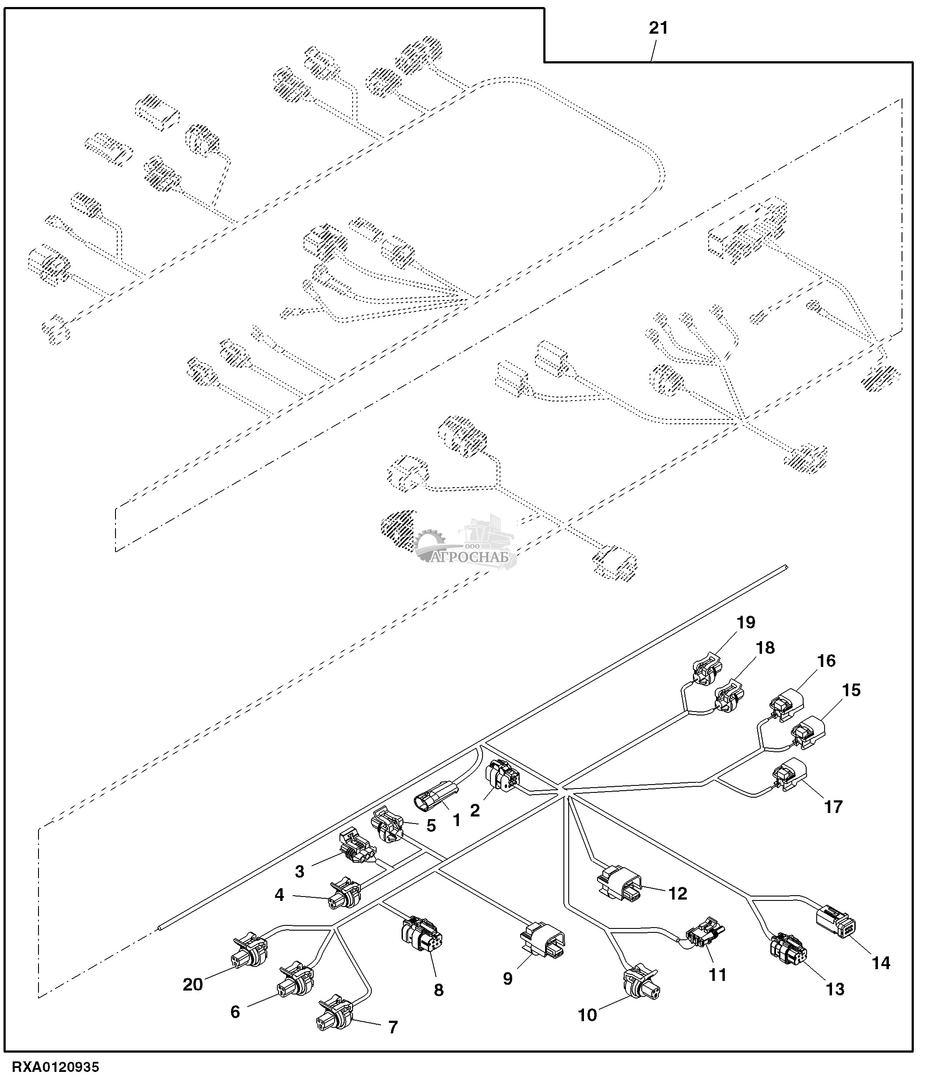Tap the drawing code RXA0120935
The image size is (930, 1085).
pos(56,1067)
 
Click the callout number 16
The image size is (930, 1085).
pos(826,661)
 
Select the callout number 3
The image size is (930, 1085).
pos(300,871)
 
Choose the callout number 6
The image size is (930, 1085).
pos(235,1012)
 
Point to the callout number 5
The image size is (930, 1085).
pos(431,826)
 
